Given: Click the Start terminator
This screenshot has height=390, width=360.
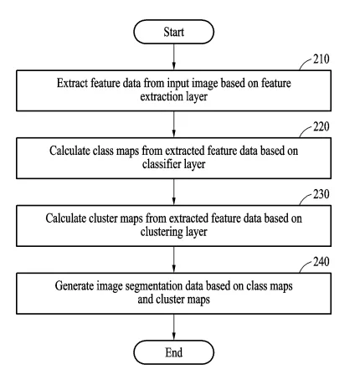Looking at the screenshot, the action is tap(173, 32).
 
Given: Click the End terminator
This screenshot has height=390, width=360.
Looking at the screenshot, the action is tap(173, 352).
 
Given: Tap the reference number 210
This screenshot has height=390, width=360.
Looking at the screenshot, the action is tap(321, 59).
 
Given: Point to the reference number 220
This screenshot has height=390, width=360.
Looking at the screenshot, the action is tap(321, 126).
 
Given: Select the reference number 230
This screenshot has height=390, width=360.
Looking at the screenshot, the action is tap(321, 194).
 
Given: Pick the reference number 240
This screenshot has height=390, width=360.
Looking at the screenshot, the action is tap(321, 262).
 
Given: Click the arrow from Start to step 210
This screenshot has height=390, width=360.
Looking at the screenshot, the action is tap(173, 57).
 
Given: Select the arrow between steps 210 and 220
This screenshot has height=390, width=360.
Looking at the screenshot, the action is tap(173, 125).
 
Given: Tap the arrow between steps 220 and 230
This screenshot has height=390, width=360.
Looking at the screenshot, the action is tap(173, 192).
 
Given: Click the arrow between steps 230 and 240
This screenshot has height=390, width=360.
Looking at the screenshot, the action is tap(173, 259).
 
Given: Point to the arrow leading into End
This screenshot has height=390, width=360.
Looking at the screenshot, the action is tap(173, 327).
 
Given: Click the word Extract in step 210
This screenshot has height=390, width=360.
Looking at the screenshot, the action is tap(72, 83).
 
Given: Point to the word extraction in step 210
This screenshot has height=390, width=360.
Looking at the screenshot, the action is tap(157, 97).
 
